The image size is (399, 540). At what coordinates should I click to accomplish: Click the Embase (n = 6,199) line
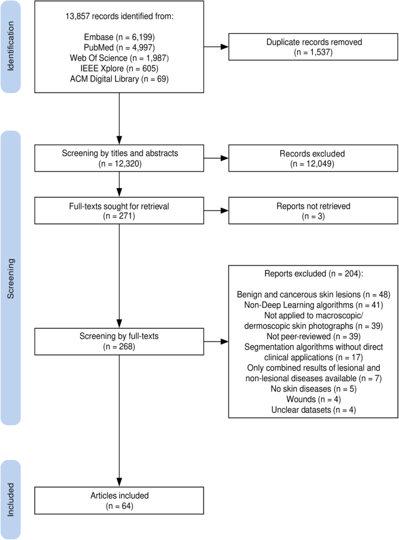(118, 37)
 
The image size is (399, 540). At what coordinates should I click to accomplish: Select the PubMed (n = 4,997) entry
(118, 47)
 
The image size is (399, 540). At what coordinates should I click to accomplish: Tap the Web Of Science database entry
(118, 58)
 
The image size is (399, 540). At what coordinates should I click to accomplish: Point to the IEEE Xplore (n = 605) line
(118, 68)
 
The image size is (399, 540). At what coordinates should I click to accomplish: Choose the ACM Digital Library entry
(118, 79)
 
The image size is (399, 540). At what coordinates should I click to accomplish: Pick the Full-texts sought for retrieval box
(118, 210)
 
